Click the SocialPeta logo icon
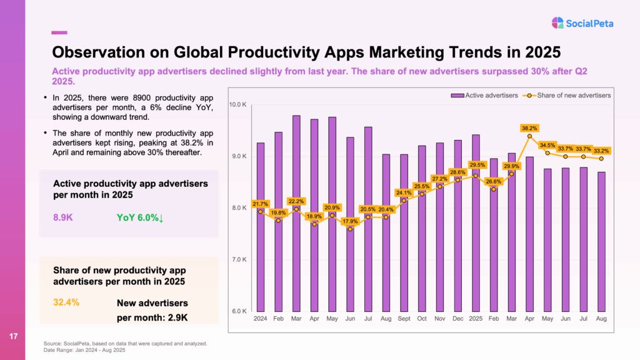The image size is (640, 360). (x=557, y=23)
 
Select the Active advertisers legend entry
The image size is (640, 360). (x=484, y=95)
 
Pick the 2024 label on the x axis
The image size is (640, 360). (x=260, y=319)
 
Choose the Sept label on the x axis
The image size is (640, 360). (x=404, y=319)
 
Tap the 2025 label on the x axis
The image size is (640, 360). (x=476, y=319)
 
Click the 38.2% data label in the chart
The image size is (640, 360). (x=529, y=128)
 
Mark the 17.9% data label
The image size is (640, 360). (x=350, y=221)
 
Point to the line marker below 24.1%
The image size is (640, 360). (x=404, y=200)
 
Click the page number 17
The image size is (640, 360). (x=13, y=337)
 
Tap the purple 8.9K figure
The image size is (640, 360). (x=64, y=218)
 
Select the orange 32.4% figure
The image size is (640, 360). (x=66, y=303)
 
